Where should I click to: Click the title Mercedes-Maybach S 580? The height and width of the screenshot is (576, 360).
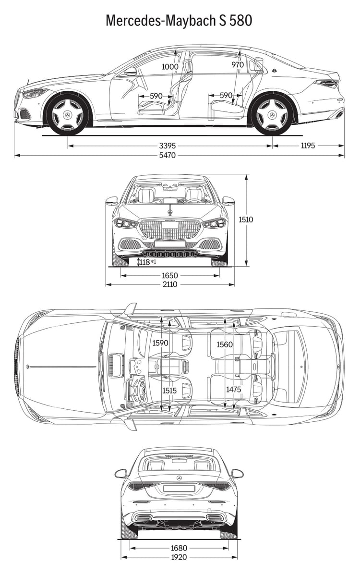(179, 21)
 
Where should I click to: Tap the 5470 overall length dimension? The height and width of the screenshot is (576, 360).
(168, 155)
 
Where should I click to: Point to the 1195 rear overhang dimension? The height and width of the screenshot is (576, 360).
(308, 146)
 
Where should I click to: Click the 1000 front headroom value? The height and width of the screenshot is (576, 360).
(170, 66)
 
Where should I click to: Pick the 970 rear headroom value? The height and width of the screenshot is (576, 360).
(238, 65)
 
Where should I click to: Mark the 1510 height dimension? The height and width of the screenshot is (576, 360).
(245, 220)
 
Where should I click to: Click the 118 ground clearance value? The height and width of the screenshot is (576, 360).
(145, 262)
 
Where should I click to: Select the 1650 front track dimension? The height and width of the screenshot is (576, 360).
(170, 276)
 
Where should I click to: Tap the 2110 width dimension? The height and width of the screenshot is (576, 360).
(170, 284)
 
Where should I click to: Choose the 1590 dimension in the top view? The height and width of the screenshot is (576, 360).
(160, 343)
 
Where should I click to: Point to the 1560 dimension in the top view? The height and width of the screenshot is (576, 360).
(225, 344)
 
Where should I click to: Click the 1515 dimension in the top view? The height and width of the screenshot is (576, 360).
(169, 391)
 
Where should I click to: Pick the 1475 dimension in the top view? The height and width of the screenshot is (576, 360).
(233, 390)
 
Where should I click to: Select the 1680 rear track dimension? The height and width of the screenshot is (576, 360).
(179, 548)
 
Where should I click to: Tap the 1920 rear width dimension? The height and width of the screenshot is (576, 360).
(179, 557)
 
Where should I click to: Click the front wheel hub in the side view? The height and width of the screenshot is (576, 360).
(68, 115)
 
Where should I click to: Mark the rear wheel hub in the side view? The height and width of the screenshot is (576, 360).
(272, 115)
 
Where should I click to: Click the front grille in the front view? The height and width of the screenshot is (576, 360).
(170, 230)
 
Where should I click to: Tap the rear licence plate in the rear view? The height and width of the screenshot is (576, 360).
(179, 488)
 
